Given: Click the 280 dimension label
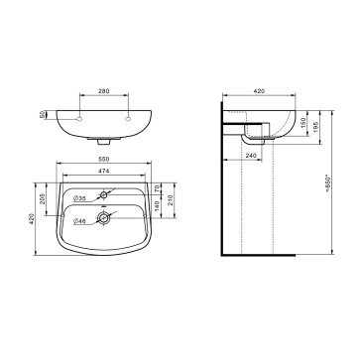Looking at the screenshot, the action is coord(104,91).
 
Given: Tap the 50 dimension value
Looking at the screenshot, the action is coord(42,115).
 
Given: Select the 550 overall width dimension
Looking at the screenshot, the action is coord(104,159).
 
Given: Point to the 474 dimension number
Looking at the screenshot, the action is coord(104,171).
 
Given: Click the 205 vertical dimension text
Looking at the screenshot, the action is coord(43,199).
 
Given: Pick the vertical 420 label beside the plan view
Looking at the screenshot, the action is coord(32,219).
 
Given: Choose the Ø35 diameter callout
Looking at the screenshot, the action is coord(79,198).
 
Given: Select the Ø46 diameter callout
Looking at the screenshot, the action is coord(79,221).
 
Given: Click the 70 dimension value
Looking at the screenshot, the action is coord(157,188).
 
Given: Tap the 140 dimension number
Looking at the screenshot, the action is coord(157,206).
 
